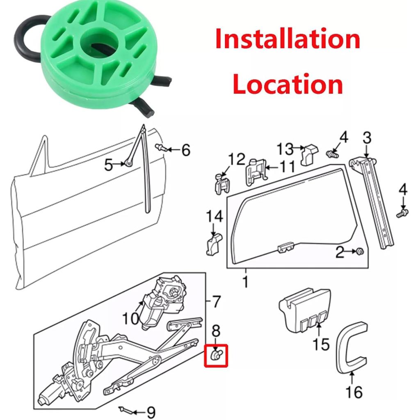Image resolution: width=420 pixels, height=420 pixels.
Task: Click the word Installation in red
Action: tap(288, 40)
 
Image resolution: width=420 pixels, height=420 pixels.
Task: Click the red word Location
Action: tap(288, 84)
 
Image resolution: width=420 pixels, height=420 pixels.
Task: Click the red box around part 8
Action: tap(216, 355)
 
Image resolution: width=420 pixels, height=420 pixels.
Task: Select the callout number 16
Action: tap(353, 392)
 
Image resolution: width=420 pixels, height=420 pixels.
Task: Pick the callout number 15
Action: tap(321, 344)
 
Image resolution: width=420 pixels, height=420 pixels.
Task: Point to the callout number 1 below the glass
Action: tap(246, 283)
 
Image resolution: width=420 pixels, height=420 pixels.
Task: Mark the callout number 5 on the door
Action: tap(108, 165)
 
